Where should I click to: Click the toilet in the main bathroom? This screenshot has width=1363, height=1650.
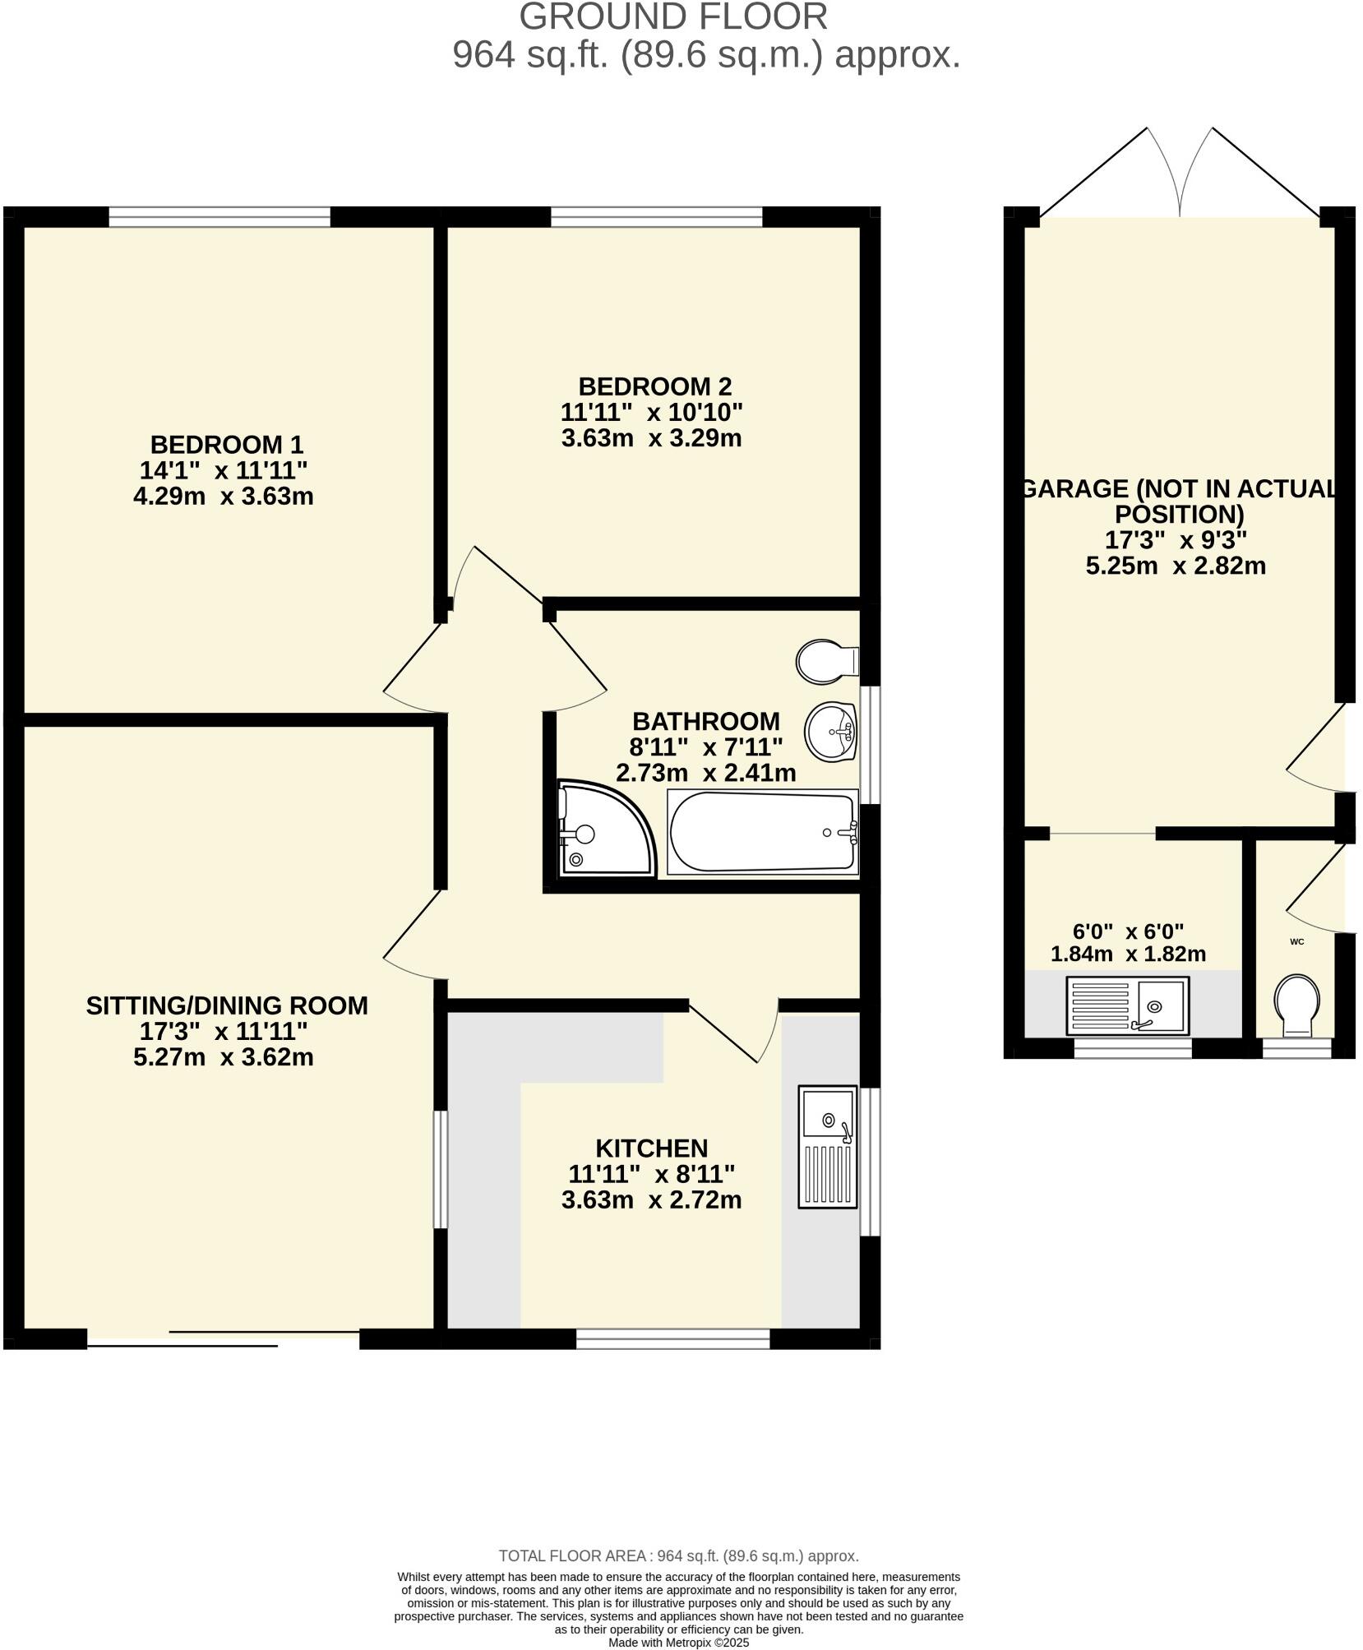pos(827,662)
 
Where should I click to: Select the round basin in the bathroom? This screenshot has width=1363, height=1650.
pos(831,731)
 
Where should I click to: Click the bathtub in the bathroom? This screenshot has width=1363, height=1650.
pos(763,832)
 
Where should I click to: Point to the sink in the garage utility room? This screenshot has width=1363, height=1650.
pos(1127,1005)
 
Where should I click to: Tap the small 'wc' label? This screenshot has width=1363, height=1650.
pos(1296,941)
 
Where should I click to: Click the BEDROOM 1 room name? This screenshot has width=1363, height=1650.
pos(227,445)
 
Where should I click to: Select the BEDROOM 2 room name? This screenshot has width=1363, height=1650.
pos(654,386)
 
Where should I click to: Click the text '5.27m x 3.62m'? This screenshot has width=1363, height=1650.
pos(224,1056)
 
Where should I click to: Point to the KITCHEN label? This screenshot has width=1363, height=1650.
pos(651,1148)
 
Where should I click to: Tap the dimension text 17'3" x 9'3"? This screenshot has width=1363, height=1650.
pos(1176,540)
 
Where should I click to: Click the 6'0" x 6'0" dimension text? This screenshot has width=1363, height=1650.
pos(1128,931)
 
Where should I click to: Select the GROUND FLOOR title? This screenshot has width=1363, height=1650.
pos(672,17)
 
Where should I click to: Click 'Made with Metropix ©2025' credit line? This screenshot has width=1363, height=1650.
pos(678,1643)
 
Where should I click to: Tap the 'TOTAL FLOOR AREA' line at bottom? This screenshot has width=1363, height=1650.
pos(678,1555)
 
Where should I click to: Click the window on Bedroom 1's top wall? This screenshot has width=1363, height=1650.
pos(219,217)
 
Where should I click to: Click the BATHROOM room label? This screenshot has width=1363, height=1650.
pos(705,721)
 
